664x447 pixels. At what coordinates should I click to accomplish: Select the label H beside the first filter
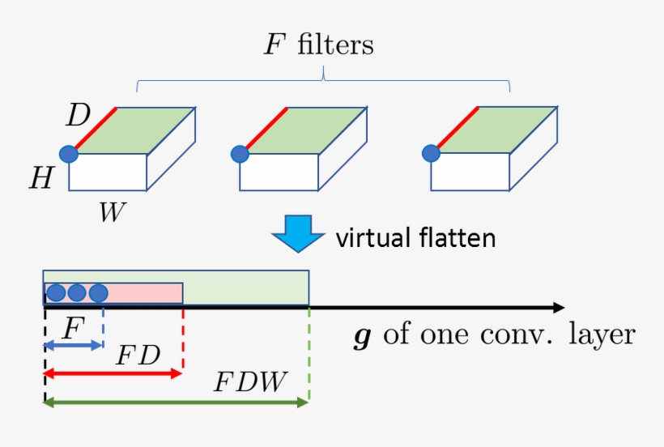[41, 179]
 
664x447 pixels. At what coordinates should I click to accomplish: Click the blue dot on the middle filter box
[239, 153]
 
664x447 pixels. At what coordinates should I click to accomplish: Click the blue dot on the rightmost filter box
[432, 152]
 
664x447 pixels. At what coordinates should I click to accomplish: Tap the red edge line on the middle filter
[265, 129]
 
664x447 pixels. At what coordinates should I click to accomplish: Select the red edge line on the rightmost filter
[458, 128]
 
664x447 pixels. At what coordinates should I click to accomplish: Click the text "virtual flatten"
[415, 238]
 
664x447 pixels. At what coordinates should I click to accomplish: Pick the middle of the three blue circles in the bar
[77, 293]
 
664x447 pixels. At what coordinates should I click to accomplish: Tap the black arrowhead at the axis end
[557, 308]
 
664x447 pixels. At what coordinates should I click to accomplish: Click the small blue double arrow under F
[73, 346]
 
